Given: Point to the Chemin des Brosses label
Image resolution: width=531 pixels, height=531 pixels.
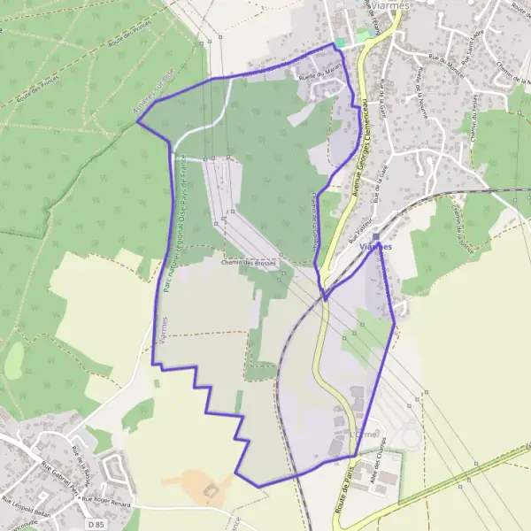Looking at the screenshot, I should pos(249,263).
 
